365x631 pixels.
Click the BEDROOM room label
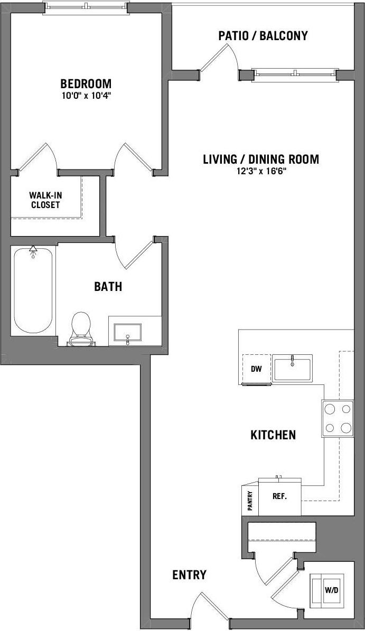(86, 83)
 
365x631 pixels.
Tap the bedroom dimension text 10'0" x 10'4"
(86, 96)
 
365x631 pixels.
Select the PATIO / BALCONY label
(263, 36)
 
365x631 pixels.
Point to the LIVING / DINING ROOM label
(261, 159)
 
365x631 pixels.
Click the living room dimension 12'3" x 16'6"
(261, 172)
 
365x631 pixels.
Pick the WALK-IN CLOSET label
(44, 200)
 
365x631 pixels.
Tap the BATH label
(108, 287)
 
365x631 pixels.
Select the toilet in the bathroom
(80, 327)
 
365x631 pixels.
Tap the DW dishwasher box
(256, 369)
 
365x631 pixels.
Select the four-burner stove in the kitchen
(338, 418)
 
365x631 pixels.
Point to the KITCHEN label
(273, 435)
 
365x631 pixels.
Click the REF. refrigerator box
(279, 497)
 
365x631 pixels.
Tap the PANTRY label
(250, 500)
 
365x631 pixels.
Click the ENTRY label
(189, 575)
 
